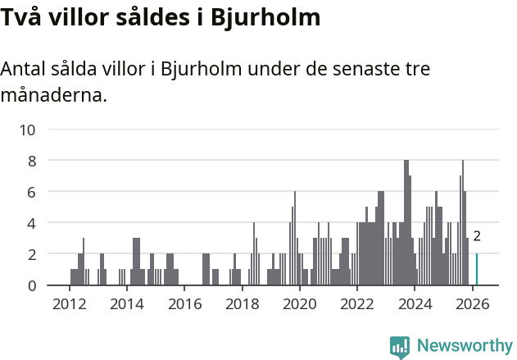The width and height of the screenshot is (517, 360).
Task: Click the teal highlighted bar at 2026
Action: point(477,270)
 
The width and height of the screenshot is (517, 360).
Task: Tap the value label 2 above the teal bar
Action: point(477,236)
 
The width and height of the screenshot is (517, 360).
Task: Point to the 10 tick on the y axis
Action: point(28,130)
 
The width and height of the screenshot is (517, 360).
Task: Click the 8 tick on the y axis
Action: point(31,161)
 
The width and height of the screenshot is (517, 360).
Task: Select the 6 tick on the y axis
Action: point(31,192)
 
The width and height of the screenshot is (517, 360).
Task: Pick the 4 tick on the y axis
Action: point(31,223)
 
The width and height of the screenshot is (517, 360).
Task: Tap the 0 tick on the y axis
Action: point(31,285)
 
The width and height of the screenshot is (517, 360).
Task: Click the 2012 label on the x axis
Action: point(69,303)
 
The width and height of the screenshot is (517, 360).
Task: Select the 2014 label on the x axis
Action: point(126,303)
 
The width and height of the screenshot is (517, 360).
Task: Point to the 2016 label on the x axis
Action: point(184,303)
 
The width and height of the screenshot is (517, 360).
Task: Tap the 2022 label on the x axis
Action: point(357,303)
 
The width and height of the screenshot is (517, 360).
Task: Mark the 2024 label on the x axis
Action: point(415,303)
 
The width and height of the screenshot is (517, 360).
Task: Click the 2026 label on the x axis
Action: point(472,303)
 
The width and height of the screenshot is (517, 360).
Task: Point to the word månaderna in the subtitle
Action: point(53,95)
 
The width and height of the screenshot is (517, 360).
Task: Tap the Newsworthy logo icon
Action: point(400,347)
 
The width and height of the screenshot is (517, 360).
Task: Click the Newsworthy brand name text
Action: point(465,346)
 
